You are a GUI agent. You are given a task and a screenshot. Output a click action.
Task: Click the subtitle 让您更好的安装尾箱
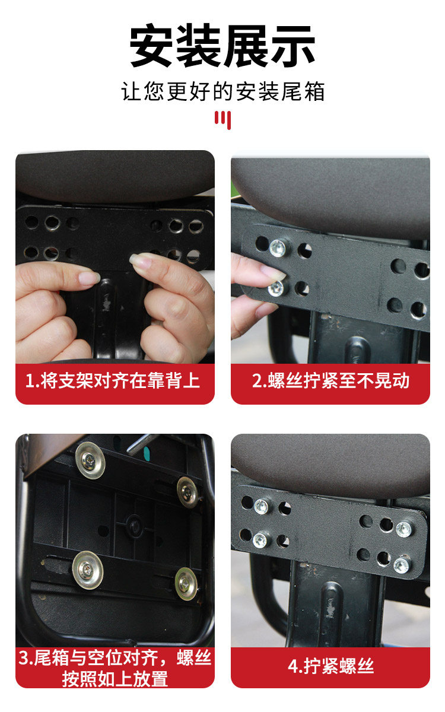coord(223,91)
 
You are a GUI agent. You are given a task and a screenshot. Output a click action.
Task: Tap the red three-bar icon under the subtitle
coord(223,120)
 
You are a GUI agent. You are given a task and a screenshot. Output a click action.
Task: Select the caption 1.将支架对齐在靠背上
coord(112,380)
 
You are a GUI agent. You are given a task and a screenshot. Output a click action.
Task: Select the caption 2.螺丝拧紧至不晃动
coord(330,380)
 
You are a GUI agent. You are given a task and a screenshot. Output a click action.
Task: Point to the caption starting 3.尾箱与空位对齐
coord(115,668)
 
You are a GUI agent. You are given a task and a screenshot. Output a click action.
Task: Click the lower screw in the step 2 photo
coord(275,288)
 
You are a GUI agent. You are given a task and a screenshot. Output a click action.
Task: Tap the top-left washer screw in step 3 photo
coord(90,460)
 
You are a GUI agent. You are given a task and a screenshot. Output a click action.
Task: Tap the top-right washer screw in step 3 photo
coord(187,492)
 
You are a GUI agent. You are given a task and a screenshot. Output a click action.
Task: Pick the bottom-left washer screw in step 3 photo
coord(87,570)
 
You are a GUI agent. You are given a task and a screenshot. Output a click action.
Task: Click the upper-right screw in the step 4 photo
coord(403,529)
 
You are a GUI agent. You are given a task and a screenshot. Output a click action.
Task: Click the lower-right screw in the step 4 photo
coord(402,565)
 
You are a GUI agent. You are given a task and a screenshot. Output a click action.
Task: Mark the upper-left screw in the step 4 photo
coord(262,506)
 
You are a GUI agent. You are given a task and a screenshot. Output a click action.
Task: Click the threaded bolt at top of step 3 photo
coord(142,443)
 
